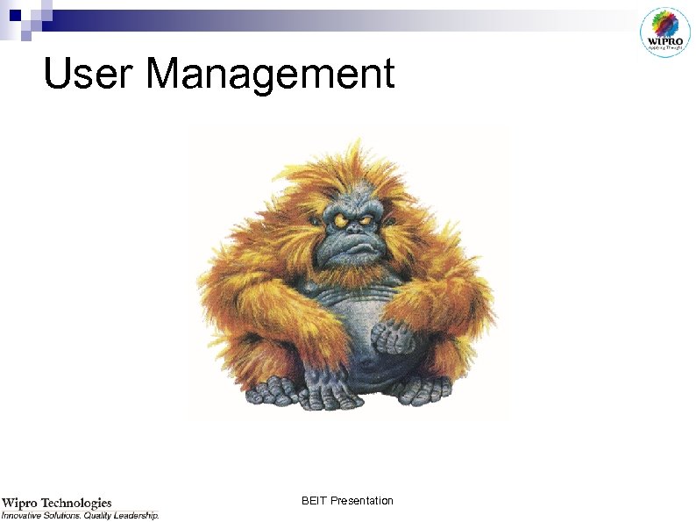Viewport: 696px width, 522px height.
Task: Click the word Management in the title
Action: pyautogui.click(x=271, y=75)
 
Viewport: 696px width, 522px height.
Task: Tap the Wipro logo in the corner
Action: pyautogui.click(x=666, y=32)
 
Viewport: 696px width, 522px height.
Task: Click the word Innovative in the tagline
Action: pyautogui.click(x=26, y=516)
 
